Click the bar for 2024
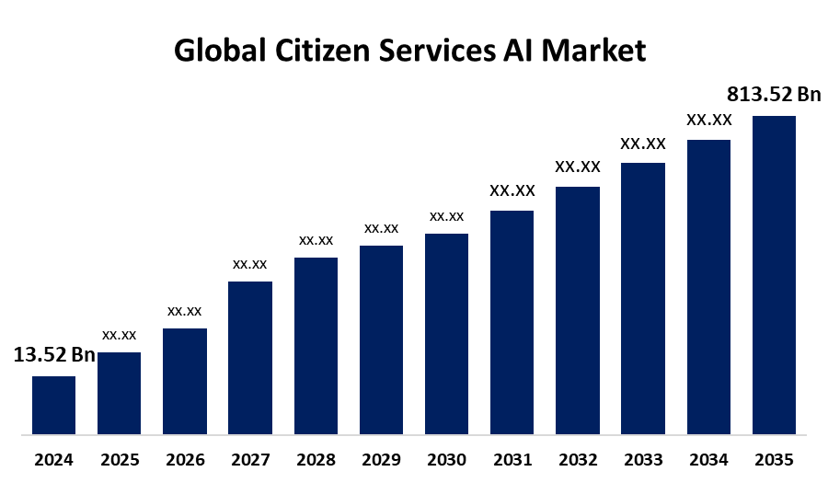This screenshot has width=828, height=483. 53,405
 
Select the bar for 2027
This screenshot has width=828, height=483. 250,357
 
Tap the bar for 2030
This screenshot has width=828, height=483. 446,333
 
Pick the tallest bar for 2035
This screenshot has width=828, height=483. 774,274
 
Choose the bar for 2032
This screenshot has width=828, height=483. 578,310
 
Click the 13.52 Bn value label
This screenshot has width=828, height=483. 54,356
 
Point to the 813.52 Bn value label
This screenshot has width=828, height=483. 774,95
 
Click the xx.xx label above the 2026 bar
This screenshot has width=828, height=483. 184,311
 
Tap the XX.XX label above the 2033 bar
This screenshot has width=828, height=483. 643,144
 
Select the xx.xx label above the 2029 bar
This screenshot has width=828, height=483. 381,228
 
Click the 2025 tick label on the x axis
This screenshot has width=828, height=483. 119,459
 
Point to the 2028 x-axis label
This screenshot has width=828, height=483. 316,459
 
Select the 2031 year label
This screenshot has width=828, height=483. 512,459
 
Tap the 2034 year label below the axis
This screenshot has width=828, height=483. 708,459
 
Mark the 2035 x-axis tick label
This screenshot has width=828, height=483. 774,459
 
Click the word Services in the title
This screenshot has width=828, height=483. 440,51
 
